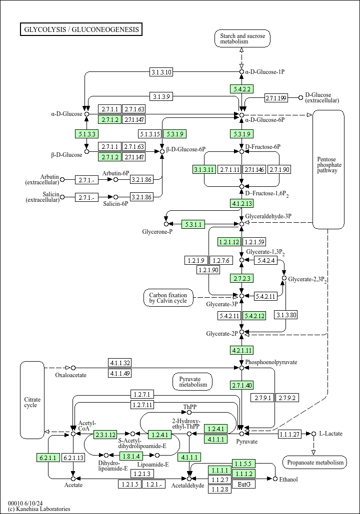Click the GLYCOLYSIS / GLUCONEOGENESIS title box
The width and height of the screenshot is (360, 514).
click(x=81, y=29)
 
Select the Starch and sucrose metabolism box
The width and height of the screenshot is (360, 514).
click(x=242, y=38)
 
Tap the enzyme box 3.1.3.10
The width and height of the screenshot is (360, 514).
click(x=161, y=72)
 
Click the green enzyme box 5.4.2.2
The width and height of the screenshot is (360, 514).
click(x=242, y=88)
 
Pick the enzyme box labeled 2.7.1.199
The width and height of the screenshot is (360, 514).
click(x=276, y=98)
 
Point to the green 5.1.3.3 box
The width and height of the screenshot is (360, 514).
click(x=86, y=134)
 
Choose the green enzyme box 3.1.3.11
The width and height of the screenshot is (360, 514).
click(x=204, y=169)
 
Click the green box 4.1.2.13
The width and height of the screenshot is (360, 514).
click(x=242, y=203)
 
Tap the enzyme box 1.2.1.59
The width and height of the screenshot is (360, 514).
click(x=254, y=242)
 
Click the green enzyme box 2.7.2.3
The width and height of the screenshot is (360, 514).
click(x=242, y=278)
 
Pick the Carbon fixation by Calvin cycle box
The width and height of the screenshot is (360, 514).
click(x=168, y=298)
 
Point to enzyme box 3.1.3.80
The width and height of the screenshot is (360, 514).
click(x=286, y=315)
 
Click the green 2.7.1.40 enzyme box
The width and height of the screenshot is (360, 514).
click(x=242, y=385)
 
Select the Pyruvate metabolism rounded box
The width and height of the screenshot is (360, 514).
click(x=192, y=382)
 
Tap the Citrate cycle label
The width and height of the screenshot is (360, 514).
click(x=32, y=402)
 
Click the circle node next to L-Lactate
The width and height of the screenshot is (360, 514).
click(x=313, y=434)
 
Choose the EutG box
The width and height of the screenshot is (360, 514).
click(x=244, y=484)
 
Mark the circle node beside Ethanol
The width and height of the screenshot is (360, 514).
click(x=275, y=479)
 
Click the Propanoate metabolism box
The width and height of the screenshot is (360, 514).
click(x=314, y=462)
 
